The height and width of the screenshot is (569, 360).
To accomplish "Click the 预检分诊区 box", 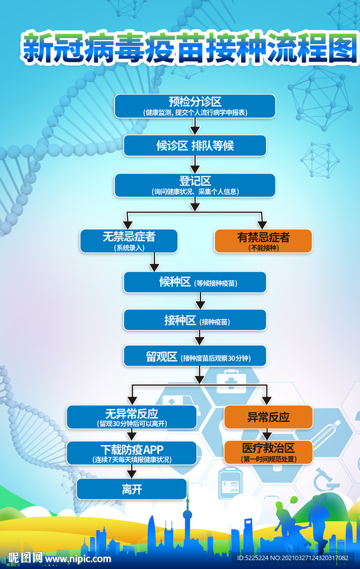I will click(195, 106).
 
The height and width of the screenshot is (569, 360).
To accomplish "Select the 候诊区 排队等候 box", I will click(195, 146).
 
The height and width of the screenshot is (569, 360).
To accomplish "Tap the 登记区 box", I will click(195, 185).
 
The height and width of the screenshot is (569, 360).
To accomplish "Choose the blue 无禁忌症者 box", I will click(129, 241).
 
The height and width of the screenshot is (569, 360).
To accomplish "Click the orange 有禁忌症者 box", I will click(263, 241).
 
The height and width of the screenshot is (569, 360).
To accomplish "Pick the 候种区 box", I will click(195, 282).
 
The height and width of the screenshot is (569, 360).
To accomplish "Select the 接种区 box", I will click(195, 321).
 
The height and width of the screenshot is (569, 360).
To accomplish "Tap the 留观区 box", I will click(195, 356).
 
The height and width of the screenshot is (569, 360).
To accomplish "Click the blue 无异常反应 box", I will click(132, 417).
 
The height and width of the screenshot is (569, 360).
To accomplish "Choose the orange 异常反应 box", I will click(268, 417).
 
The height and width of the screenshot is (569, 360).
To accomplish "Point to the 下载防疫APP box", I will click(132, 453).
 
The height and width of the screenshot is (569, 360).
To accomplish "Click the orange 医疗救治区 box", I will click(268, 452).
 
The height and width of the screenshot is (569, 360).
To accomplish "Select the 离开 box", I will click(132, 489).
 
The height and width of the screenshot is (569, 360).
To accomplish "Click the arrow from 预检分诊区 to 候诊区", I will click(195, 127).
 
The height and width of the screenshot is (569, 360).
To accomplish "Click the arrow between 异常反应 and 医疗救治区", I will click(267, 435).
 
